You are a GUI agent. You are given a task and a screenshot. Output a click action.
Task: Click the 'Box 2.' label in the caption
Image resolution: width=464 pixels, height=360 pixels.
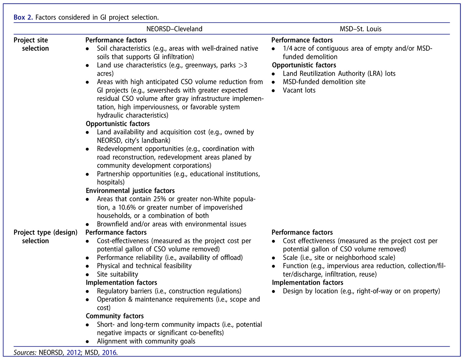(x=23, y=17)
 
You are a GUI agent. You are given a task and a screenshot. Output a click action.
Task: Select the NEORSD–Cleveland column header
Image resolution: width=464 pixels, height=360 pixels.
(x=174, y=29)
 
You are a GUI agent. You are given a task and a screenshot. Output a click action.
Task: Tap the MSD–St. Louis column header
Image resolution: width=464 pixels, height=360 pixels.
(x=360, y=29)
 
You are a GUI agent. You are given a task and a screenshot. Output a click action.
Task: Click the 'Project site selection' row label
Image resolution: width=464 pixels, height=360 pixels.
(x=31, y=44)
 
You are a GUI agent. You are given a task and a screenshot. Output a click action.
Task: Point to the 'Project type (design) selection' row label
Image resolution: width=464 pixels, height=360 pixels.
(x=45, y=236)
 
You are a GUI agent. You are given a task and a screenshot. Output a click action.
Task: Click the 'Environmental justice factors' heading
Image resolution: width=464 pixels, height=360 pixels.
(x=130, y=191)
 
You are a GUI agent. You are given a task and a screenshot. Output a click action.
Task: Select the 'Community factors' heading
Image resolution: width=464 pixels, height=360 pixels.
(x=115, y=316)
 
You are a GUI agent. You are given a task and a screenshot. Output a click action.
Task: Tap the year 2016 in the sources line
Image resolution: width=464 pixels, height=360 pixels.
(x=109, y=352)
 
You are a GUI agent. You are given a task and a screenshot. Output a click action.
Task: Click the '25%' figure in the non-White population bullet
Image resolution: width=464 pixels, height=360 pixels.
(x=160, y=199)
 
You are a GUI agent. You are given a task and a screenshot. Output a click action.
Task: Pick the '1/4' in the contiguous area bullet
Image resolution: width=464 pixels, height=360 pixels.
(x=287, y=49)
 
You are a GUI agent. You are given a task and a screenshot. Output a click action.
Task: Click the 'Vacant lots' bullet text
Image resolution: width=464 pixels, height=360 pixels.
(x=299, y=90)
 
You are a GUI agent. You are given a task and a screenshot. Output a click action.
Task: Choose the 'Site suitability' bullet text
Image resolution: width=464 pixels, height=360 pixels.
(x=118, y=274)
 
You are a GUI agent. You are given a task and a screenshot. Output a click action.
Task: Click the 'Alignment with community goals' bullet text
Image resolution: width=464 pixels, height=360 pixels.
(x=146, y=341)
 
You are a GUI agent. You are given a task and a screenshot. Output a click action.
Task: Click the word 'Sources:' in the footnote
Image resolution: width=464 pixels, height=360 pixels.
(x=25, y=352)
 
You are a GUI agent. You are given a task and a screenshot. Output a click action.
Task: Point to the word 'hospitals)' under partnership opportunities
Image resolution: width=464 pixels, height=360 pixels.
(x=111, y=182)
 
